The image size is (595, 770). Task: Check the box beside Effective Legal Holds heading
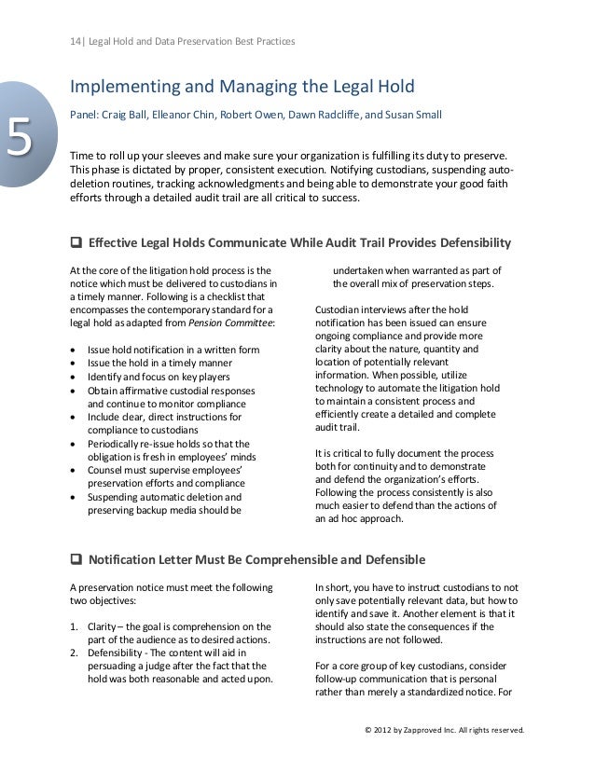(x=76, y=244)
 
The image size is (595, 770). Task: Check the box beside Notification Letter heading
(x=76, y=560)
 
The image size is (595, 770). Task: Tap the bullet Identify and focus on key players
(x=159, y=377)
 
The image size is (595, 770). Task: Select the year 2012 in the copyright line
(x=386, y=730)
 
